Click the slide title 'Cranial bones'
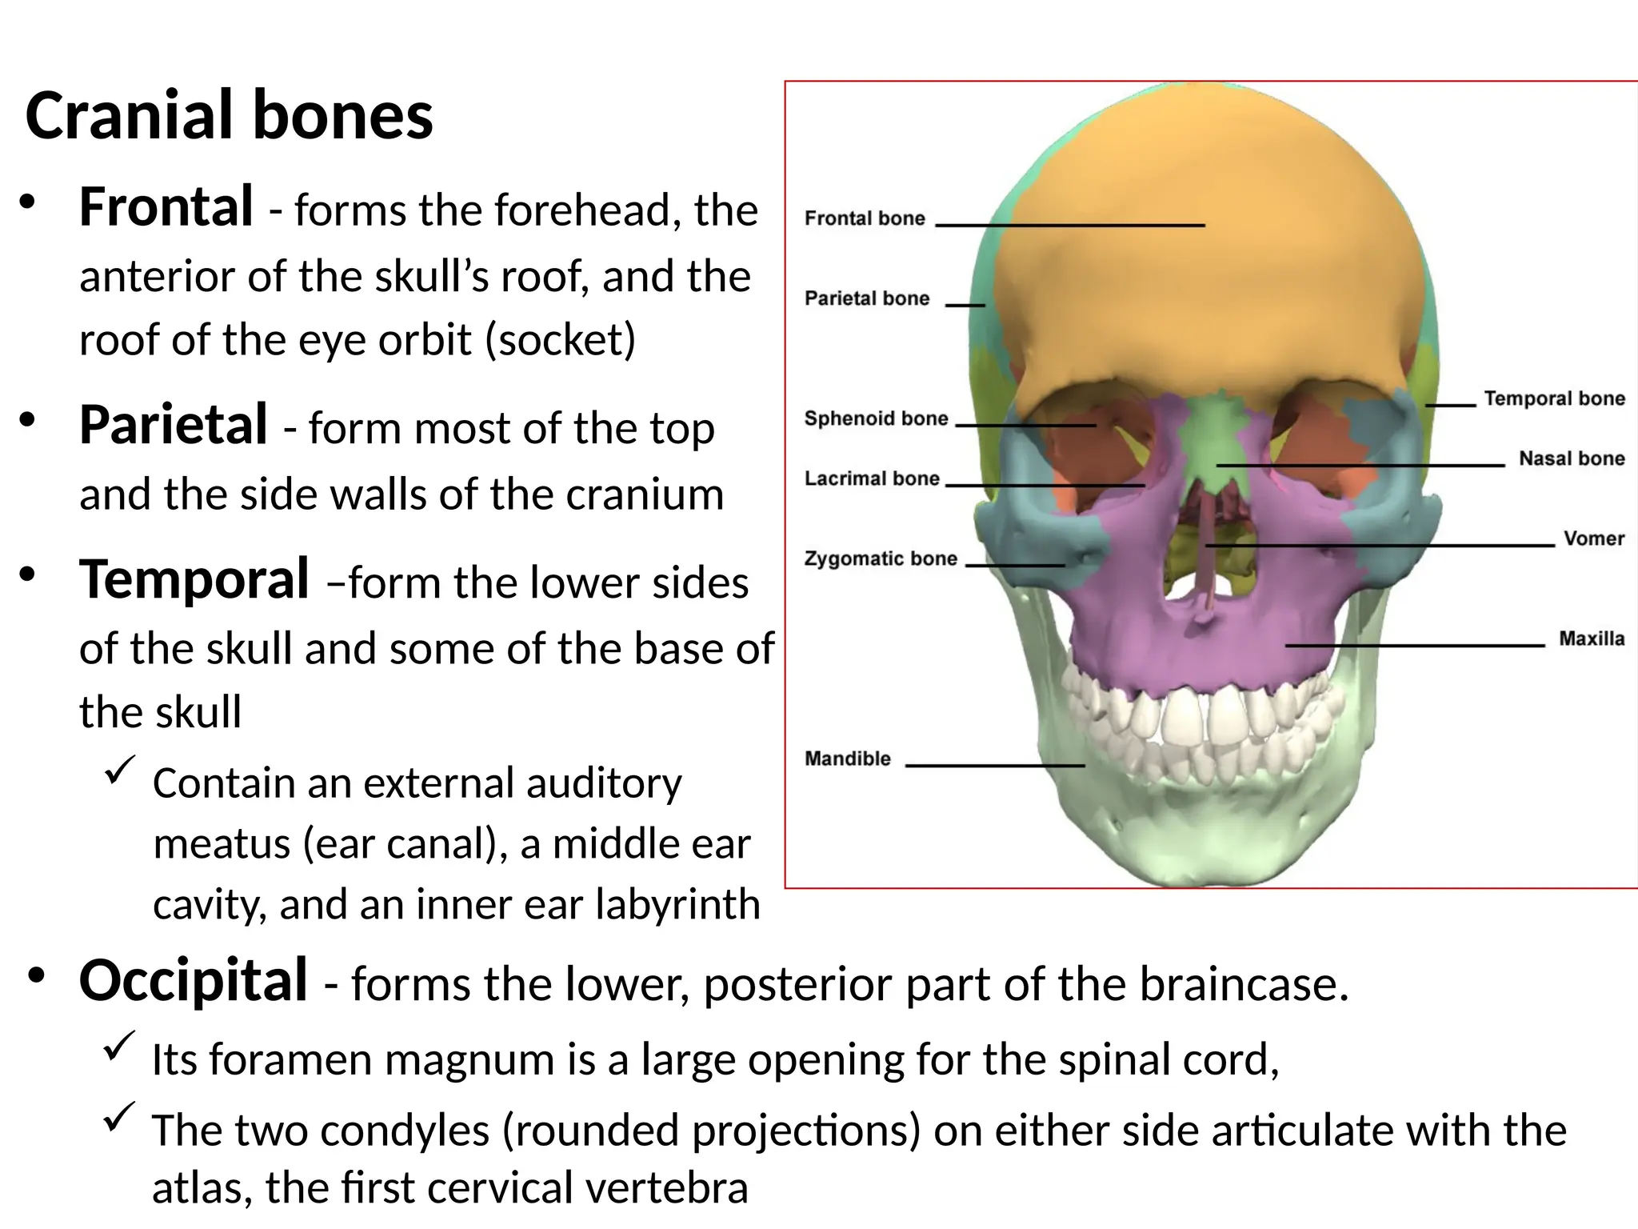229,116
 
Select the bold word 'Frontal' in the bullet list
166,207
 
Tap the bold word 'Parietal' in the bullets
174,425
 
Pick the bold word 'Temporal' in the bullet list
194,579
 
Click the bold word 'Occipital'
194,980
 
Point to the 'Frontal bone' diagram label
865,218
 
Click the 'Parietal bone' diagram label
867,298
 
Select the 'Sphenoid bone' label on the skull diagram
876,418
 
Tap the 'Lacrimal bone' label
872,478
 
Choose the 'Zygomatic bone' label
881,558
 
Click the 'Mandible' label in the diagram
847,759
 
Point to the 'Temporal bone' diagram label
1554,398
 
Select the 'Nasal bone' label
1572,458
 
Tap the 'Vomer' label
1593,538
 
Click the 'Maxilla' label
1592,639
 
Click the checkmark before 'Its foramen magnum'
119,1045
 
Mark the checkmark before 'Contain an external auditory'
120,770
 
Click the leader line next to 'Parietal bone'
965,305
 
